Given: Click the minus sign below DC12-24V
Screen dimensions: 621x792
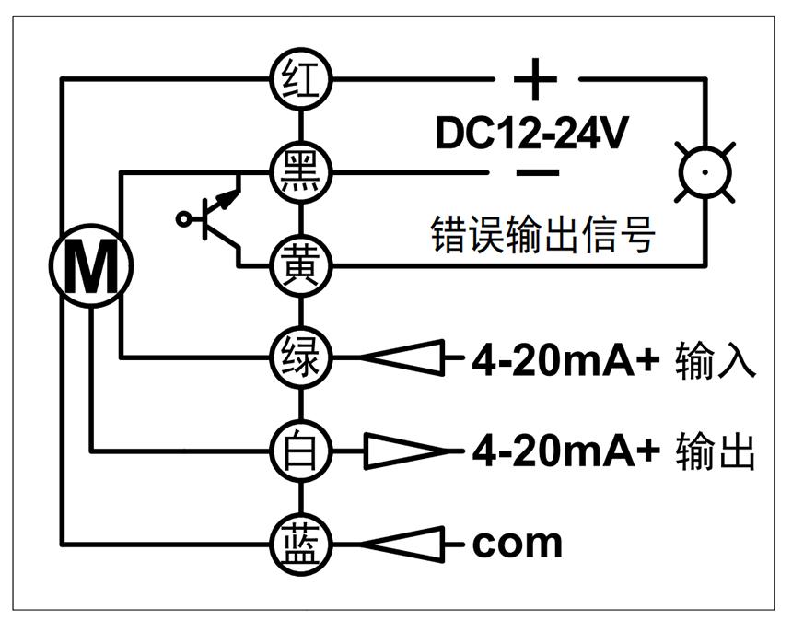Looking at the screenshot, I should (x=537, y=172).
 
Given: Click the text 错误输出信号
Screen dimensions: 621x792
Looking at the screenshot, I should (x=543, y=236).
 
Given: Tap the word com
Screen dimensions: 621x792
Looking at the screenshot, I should (x=517, y=544).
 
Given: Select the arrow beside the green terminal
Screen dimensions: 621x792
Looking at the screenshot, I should (x=402, y=356).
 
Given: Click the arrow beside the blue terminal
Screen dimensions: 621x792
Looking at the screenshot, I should (x=402, y=544).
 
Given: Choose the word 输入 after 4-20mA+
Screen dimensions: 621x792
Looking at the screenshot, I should (x=716, y=359).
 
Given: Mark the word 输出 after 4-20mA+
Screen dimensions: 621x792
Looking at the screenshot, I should (x=716, y=452).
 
